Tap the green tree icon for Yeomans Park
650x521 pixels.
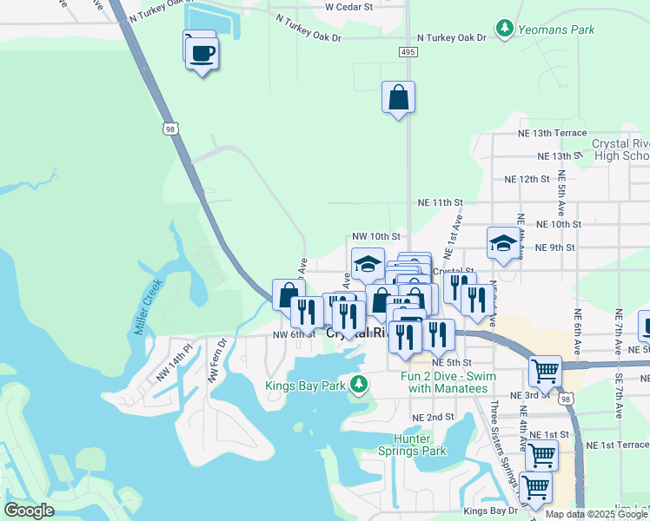coord(505,29)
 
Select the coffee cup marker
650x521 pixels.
coord(202,54)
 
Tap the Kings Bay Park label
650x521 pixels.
coord(304,384)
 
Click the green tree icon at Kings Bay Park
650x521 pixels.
coord(358,385)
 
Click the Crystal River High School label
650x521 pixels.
coord(620,149)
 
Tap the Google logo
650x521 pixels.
coord(29,511)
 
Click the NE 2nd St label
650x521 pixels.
coord(433,417)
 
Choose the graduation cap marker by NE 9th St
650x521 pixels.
coord(502,243)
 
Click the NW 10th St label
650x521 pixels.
coord(375,235)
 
